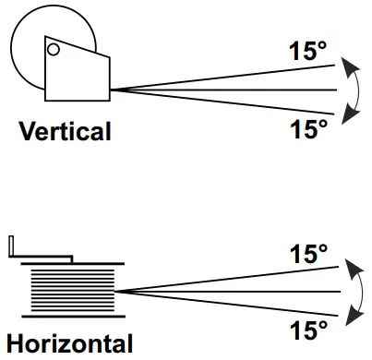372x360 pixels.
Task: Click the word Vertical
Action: (x=66, y=131)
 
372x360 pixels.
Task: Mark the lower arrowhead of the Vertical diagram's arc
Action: (x=347, y=115)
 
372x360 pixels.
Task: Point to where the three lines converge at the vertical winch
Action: (x=114, y=90)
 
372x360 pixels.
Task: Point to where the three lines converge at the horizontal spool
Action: (x=119, y=291)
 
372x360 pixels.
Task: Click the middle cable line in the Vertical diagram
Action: (x=231, y=90)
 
